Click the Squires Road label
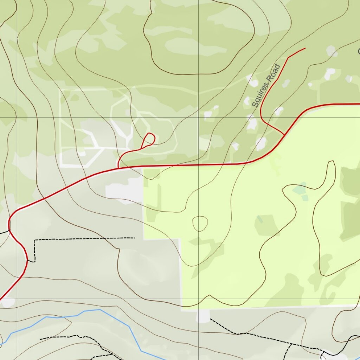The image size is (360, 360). (x=266, y=85)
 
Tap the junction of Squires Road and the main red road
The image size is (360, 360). (x=284, y=134)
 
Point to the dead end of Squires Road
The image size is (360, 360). (x=305, y=48)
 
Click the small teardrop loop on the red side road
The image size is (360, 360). (x=150, y=139)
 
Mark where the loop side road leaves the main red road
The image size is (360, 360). (x=118, y=168)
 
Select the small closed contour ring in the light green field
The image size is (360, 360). (x=200, y=223)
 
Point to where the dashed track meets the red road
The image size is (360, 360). (x=27, y=261)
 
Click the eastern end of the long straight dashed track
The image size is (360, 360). (x=135, y=238)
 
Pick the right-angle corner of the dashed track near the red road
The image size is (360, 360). (x=35, y=241)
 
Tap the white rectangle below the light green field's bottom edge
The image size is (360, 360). (x=203, y=316)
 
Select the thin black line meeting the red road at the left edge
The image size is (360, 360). (x=4, y=232)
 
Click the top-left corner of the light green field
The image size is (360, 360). (x=144, y=169)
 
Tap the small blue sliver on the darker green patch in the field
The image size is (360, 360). (x=259, y=219)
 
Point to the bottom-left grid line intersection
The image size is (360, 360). (x=17, y=299)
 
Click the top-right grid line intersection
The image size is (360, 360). (x=199, y=117)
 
